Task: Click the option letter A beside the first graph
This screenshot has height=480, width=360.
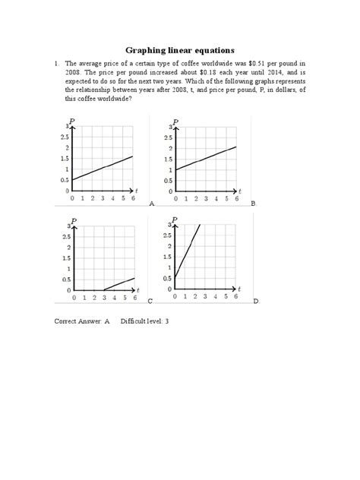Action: tap(152, 204)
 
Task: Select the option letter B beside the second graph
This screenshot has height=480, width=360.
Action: tap(254, 204)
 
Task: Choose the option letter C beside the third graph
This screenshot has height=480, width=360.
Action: tap(150, 302)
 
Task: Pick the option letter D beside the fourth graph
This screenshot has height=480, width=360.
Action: tap(255, 302)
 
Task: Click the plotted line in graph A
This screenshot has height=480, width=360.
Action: tap(103, 168)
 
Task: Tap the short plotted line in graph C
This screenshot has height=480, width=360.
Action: tap(119, 284)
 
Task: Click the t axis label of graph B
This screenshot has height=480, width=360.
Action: tap(240, 190)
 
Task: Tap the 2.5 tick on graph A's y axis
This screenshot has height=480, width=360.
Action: tap(62, 137)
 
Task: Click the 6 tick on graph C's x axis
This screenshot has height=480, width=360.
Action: tap(133, 299)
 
